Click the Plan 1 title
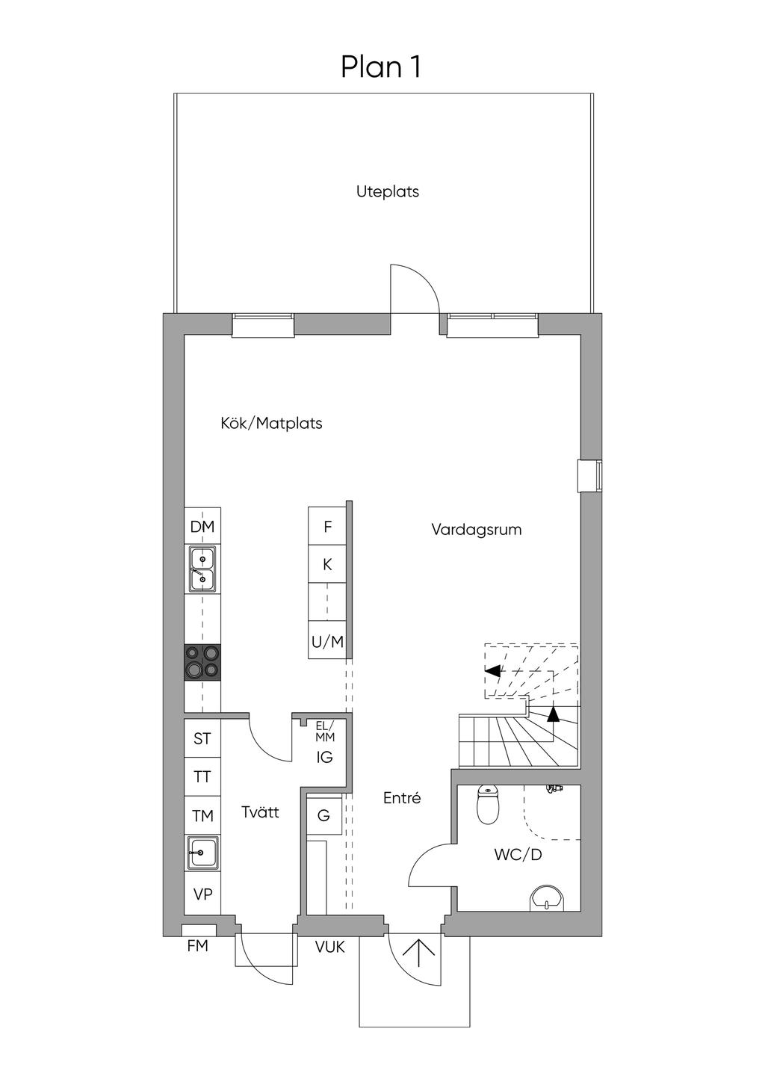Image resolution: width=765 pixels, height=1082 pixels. click(x=381, y=67)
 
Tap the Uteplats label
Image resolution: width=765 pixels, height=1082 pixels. click(x=387, y=191)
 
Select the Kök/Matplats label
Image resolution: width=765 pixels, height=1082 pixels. click(x=271, y=424)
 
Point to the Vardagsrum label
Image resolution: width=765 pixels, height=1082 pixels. click(x=476, y=530)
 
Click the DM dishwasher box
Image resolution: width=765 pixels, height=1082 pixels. click(x=202, y=527)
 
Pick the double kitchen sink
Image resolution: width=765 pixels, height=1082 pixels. click(x=202, y=569)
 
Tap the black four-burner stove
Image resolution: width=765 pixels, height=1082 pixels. click(x=202, y=662)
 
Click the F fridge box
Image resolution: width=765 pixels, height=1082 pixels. click(x=327, y=527)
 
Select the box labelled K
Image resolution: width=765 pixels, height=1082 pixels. click(x=327, y=565)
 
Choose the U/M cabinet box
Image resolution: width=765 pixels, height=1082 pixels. click(x=327, y=641)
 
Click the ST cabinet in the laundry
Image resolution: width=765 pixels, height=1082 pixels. click(x=202, y=738)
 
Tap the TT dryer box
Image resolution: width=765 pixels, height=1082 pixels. click(x=202, y=777)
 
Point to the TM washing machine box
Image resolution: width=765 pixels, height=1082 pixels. click(x=202, y=816)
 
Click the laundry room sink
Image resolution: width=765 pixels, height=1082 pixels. click(x=202, y=853)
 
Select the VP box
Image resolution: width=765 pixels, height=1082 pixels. click(x=202, y=894)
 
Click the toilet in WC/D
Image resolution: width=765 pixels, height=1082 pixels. click(x=488, y=805)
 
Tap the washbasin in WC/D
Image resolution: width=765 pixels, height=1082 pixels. click(x=548, y=900)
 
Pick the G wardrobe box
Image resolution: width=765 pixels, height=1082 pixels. click(x=323, y=815)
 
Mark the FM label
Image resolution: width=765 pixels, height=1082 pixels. click(x=197, y=946)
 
